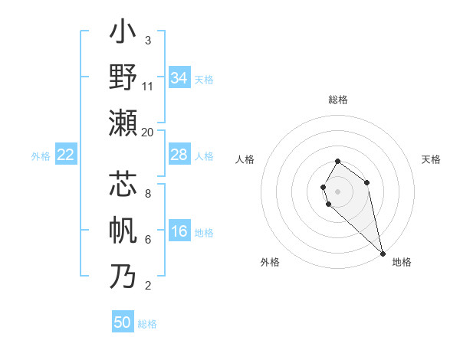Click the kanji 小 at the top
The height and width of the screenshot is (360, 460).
123,34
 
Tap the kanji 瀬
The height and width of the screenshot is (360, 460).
123,122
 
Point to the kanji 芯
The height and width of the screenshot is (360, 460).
123,186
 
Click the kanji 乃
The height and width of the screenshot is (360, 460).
123,276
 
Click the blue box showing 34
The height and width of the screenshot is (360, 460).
179,77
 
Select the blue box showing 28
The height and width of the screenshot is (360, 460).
179,155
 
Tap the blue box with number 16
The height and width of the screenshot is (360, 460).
179,232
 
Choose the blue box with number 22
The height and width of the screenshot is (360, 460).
66,155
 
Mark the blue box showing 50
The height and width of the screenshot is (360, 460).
123,322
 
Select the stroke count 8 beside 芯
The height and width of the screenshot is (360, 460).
147,194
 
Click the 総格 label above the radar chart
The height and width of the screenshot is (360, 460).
338,100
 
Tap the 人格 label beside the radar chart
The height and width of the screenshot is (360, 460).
245,159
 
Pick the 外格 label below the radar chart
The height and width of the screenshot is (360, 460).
270,262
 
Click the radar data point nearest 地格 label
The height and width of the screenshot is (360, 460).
382,253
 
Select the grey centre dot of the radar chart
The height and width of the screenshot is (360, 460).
337,190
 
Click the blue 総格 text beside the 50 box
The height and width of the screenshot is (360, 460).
147,324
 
